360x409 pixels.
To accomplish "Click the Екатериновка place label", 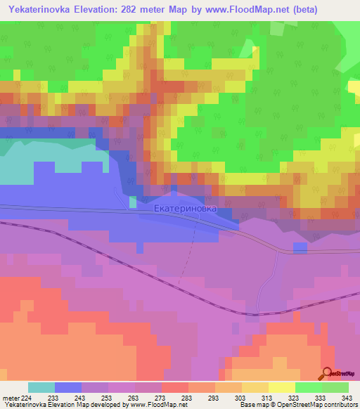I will (x=182, y=209).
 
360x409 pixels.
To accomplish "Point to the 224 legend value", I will (x=21, y=397).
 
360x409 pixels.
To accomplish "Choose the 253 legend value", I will (x=107, y=397).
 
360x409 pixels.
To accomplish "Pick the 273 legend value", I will (x=160, y=397).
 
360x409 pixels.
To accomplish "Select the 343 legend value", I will (x=346, y=397).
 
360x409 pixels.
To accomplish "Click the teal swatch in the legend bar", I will (x=41, y=387).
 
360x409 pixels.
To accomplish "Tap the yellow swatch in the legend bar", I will (x=281, y=387).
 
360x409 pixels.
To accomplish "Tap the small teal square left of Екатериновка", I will (x=133, y=202).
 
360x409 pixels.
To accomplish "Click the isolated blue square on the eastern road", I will (x=300, y=248).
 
